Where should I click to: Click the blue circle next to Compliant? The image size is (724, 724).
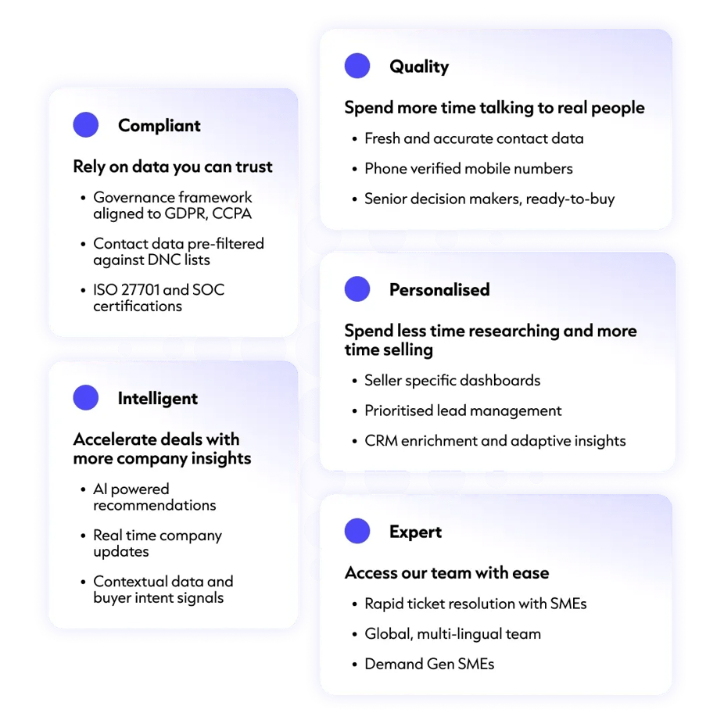pos(86,124)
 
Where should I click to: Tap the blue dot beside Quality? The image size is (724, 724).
pos(357,66)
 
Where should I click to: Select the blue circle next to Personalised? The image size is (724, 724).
pos(357,289)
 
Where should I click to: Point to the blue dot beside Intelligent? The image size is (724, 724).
pos(86,397)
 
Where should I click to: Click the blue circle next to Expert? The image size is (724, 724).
pos(357,531)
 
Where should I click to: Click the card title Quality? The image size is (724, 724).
pos(419,66)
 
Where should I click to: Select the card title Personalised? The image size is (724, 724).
pos(439,289)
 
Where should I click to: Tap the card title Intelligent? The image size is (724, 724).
pos(158,399)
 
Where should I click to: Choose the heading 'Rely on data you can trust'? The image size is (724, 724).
pos(173,167)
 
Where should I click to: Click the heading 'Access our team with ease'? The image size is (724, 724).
pos(447,572)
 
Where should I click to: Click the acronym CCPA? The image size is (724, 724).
pos(231,213)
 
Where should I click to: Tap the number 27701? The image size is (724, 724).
pos(140,289)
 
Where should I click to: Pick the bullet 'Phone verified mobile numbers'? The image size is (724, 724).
pos(468,169)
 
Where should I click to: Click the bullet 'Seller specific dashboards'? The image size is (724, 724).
pos(453,381)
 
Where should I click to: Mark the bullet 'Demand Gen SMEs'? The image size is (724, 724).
pos(429,664)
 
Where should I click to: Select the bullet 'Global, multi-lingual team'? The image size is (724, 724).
pos(453,634)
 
